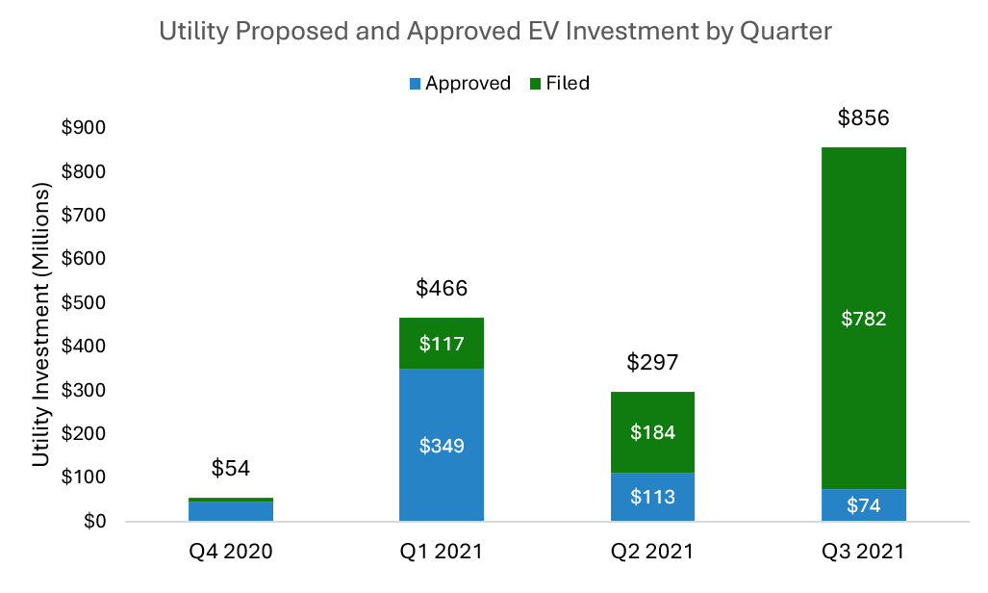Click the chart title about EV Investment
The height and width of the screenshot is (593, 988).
pos(494,32)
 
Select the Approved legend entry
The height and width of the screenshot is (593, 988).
pos(460,84)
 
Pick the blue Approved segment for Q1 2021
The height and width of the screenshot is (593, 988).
pos(442,414)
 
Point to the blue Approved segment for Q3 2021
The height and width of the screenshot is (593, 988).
pos(863,505)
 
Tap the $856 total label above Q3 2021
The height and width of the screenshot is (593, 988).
pos(863,118)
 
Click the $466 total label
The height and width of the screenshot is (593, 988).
pos(442,288)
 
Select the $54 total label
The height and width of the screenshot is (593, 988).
pos(231,469)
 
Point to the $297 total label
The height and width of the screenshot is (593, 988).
pos(652,363)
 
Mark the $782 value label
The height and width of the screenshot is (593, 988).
pos(863,320)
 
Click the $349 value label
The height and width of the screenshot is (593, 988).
pos(442,447)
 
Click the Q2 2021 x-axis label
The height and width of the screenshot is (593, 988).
pos(652,553)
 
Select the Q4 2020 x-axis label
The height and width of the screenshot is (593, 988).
pos(231,553)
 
